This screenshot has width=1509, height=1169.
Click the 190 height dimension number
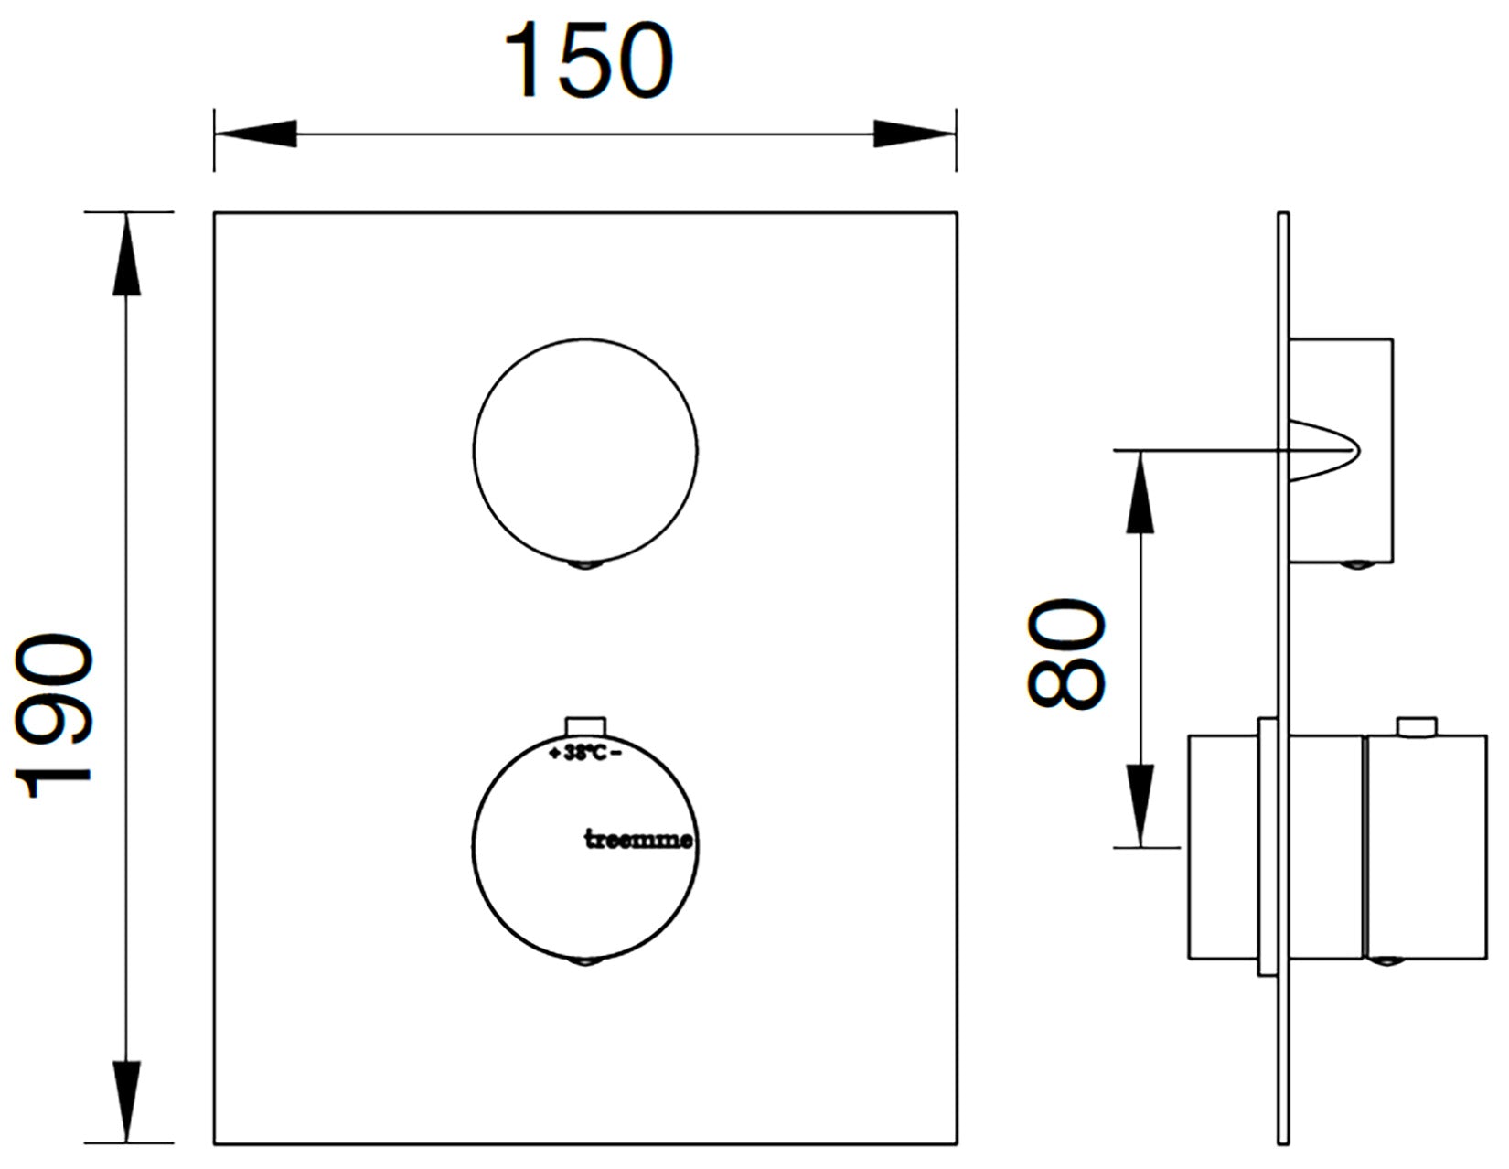pos(53,715)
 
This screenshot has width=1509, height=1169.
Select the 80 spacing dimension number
pos(1065,654)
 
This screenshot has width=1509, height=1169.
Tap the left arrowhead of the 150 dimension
pos(255,134)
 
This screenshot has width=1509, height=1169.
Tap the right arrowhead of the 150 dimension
pos(915,134)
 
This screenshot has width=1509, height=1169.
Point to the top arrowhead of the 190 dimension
pos(126,254)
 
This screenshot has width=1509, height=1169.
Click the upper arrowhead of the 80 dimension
pos(1140,492)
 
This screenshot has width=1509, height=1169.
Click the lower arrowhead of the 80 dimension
pos(1140,806)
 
